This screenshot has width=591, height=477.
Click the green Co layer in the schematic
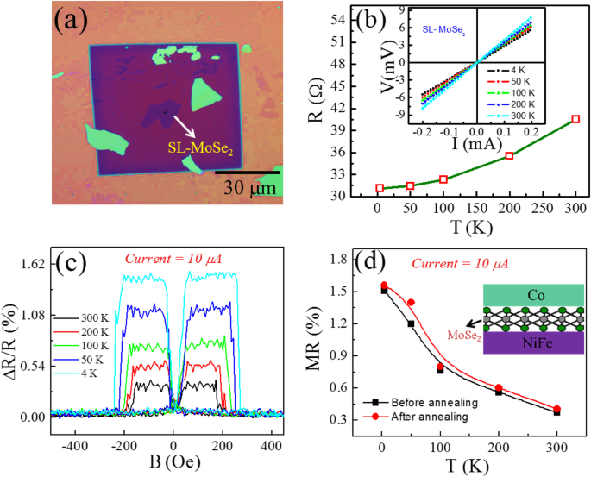[522, 295]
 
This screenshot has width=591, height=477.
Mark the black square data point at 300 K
[556, 412]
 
